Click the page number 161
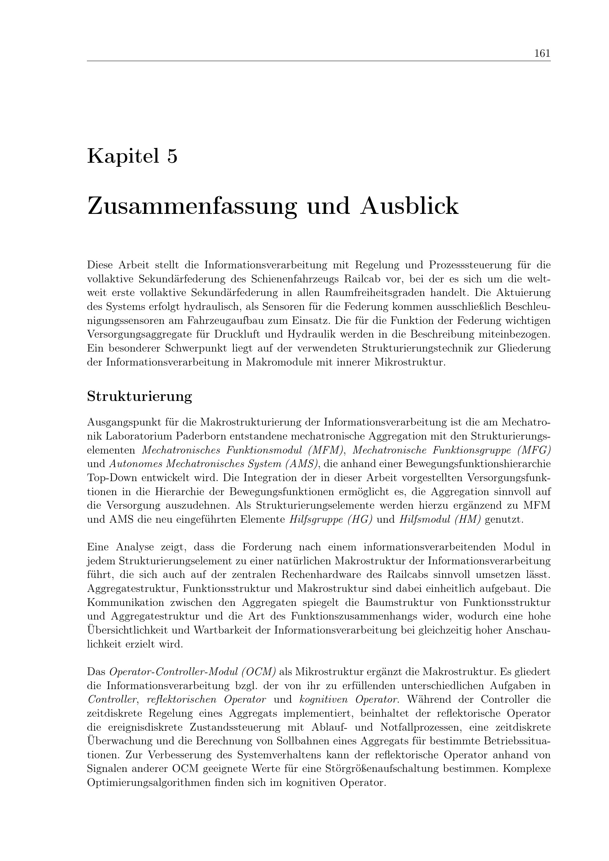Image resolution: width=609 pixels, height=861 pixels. click(x=542, y=53)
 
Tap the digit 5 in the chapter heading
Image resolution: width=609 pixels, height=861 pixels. click(x=172, y=156)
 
